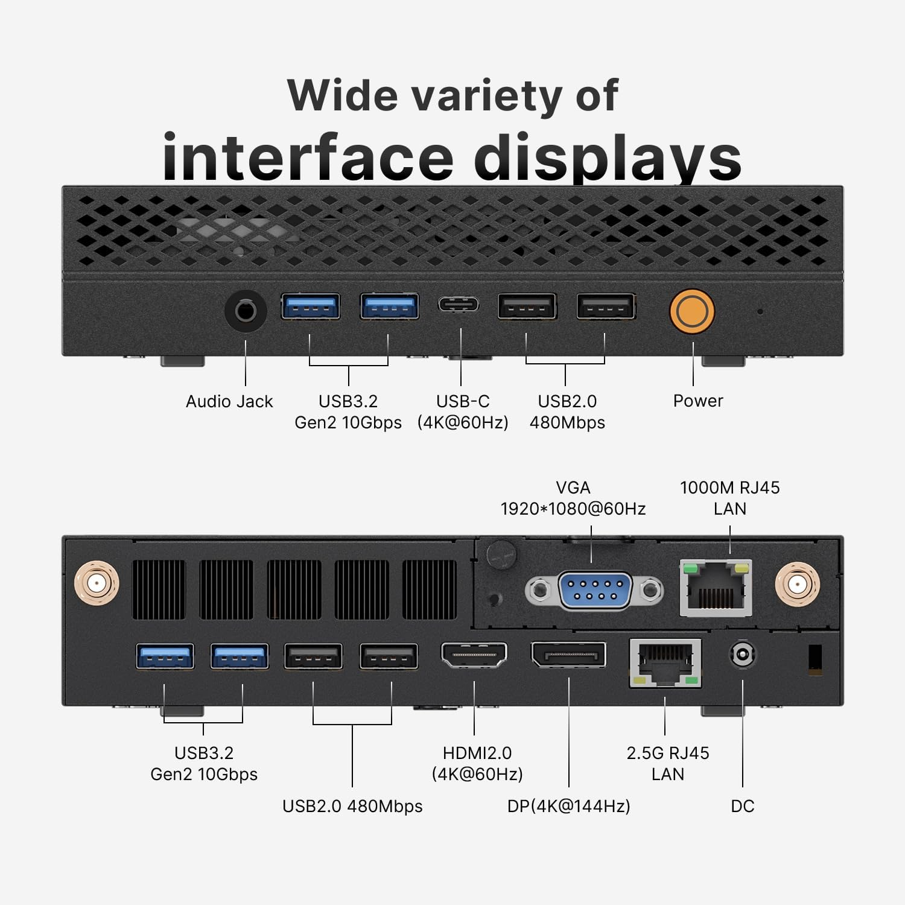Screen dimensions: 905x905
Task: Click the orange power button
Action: coord(692,311)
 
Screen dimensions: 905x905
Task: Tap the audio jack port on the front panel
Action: coord(246,311)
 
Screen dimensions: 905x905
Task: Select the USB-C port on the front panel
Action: coord(459,303)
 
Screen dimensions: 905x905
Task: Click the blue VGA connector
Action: coord(594,591)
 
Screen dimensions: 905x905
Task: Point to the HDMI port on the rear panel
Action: coord(474,655)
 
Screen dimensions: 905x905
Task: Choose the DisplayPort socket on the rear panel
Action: coord(568,655)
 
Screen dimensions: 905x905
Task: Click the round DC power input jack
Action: coord(743,655)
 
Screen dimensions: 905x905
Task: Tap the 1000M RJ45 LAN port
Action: coord(716,588)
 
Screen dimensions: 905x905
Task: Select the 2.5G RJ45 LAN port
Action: coord(665,662)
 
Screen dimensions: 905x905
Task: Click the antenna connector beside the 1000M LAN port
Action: coord(797,584)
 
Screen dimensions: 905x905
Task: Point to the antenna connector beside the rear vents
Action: coord(97,583)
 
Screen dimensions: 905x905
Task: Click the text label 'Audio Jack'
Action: coord(229,401)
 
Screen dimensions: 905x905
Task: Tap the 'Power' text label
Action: coord(698,401)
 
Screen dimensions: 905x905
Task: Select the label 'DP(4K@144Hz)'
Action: coord(569,806)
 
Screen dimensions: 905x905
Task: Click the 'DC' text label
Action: coord(743,806)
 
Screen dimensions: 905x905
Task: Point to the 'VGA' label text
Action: coord(573,487)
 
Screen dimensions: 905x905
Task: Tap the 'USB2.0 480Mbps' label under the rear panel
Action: coord(352,806)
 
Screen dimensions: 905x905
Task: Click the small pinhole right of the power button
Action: coord(760,312)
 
